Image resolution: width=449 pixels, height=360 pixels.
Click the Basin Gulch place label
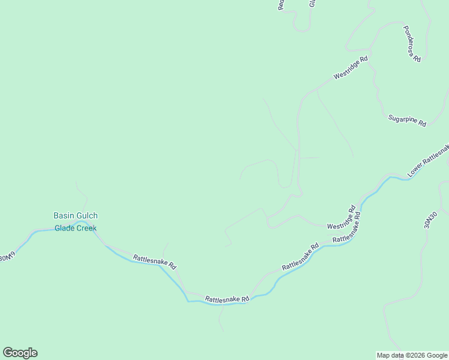coord(76,215)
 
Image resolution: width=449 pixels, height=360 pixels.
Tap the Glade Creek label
coord(76,228)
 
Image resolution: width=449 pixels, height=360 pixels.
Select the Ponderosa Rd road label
coord(412,43)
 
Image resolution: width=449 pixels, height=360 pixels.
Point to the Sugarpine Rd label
coord(407,119)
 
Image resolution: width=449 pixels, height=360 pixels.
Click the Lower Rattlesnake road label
coord(428,161)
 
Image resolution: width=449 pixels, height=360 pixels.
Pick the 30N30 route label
coord(430,220)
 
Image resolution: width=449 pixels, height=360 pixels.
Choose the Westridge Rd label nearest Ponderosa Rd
coord(351,68)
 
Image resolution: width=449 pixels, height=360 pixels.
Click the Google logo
coord(20,353)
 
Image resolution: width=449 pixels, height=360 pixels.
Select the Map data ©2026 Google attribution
coord(412,355)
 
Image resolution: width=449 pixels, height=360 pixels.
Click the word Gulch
coord(87,215)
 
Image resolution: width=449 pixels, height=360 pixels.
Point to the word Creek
coord(86,228)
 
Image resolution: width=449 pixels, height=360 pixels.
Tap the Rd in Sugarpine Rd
coord(422,123)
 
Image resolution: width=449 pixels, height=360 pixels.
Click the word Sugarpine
coord(402,118)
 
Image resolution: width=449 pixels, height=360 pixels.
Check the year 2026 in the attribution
coord(417,355)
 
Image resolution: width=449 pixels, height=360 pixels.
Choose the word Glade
coord(64,228)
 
